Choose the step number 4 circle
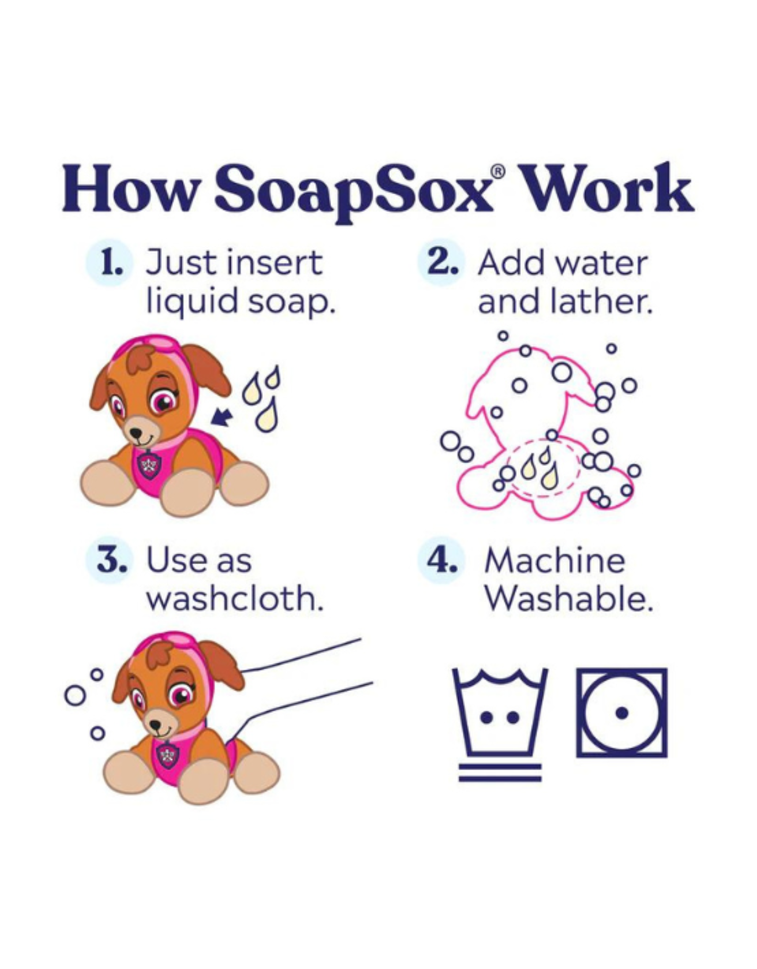[x=440, y=561]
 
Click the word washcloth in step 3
[x=235, y=599]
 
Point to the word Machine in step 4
[x=554, y=561]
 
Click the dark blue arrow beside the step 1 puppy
[x=222, y=417]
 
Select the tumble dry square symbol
[x=621, y=712]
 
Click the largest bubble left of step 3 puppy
[x=75, y=696]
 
